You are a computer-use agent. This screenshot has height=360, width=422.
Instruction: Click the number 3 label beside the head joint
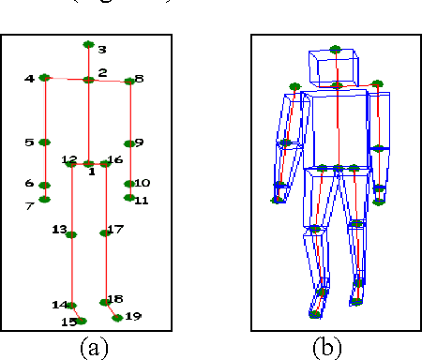(102, 50)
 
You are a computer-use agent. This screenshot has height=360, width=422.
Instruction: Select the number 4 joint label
(30, 79)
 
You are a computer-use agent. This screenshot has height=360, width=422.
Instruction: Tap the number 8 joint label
(140, 80)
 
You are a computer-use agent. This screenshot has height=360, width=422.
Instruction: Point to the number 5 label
(30, 142)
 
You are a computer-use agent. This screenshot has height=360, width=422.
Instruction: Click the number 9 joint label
(139, 142)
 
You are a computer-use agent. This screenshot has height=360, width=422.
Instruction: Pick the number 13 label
(59, 230)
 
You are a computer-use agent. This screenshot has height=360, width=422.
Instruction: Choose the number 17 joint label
(115, 230)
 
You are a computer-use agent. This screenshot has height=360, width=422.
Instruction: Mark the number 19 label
(132, 317)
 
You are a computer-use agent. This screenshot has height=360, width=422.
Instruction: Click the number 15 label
(68, 322)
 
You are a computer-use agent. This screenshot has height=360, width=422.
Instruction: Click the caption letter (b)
(325, 348)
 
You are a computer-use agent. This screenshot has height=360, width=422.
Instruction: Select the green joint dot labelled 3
(88, 44)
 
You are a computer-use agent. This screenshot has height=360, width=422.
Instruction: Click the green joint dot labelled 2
(88, 81)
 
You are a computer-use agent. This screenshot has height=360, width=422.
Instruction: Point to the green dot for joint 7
(44, 199)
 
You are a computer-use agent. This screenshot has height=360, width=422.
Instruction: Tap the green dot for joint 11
(128, 198)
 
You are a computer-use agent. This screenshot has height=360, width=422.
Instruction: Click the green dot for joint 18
(105, 302)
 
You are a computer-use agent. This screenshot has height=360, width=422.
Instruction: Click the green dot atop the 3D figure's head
(336, 49)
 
